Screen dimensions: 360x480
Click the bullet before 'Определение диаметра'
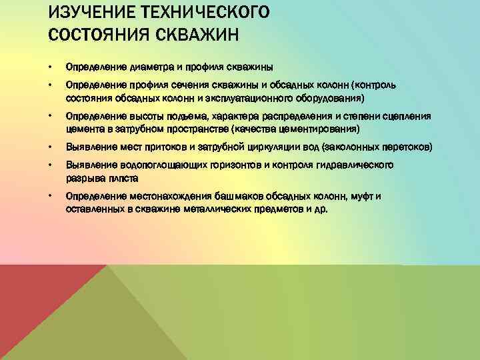point(51,67)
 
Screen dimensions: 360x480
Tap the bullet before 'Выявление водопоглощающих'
point(51,165)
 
